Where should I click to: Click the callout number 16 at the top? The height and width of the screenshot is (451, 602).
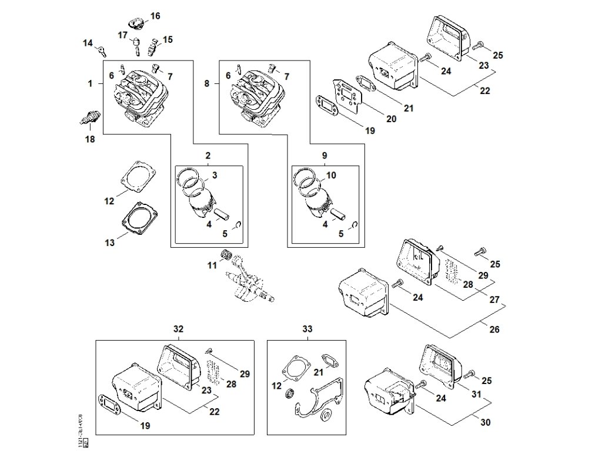click(155, 16)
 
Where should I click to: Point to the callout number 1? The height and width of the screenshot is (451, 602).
click(90, 84)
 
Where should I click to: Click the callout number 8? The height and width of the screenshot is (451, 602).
click(206, 84)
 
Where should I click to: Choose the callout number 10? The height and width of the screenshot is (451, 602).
click(332, 175)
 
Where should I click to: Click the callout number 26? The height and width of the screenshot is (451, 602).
click(494, 329)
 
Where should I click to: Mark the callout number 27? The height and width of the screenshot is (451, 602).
click(494, 299)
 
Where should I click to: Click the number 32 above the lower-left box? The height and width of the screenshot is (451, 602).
click(179, 329)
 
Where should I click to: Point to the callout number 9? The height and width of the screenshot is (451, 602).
click(325, 156)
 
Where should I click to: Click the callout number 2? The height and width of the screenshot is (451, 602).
click(208, 156)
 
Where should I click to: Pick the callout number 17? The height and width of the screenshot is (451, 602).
click(122, 35)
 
